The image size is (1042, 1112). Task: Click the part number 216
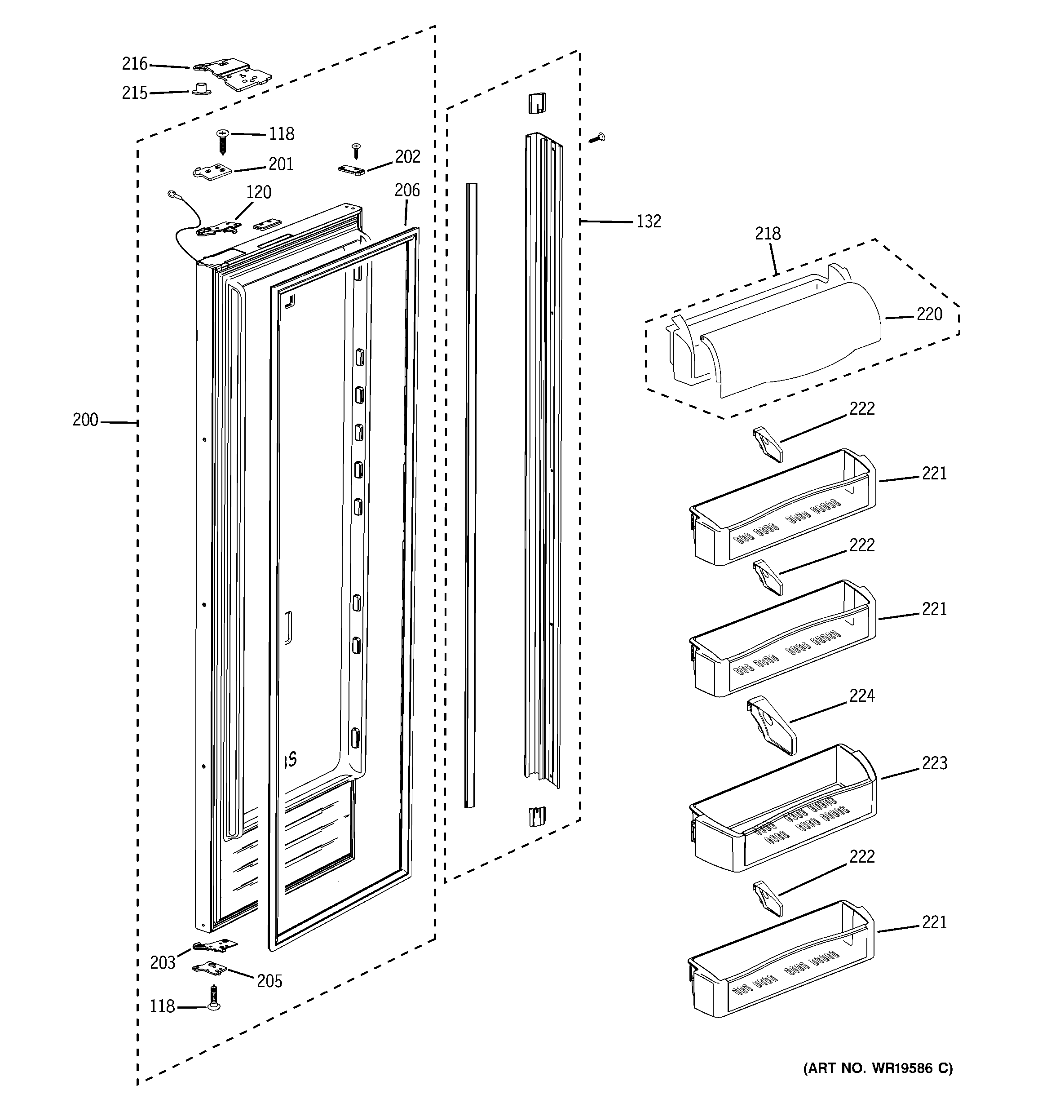[134, 64]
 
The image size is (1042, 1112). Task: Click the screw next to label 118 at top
[223, 141]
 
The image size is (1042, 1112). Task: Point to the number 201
[281, 164]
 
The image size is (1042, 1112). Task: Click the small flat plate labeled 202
[351, 170]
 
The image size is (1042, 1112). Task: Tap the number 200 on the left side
[85, 420]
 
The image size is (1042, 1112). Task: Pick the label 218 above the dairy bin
[768, 234]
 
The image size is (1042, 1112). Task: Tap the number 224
[861, 696]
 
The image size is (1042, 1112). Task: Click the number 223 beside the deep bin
[934, 763]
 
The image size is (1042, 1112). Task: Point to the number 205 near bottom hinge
[269, 981]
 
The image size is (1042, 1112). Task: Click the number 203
[162, 963]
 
